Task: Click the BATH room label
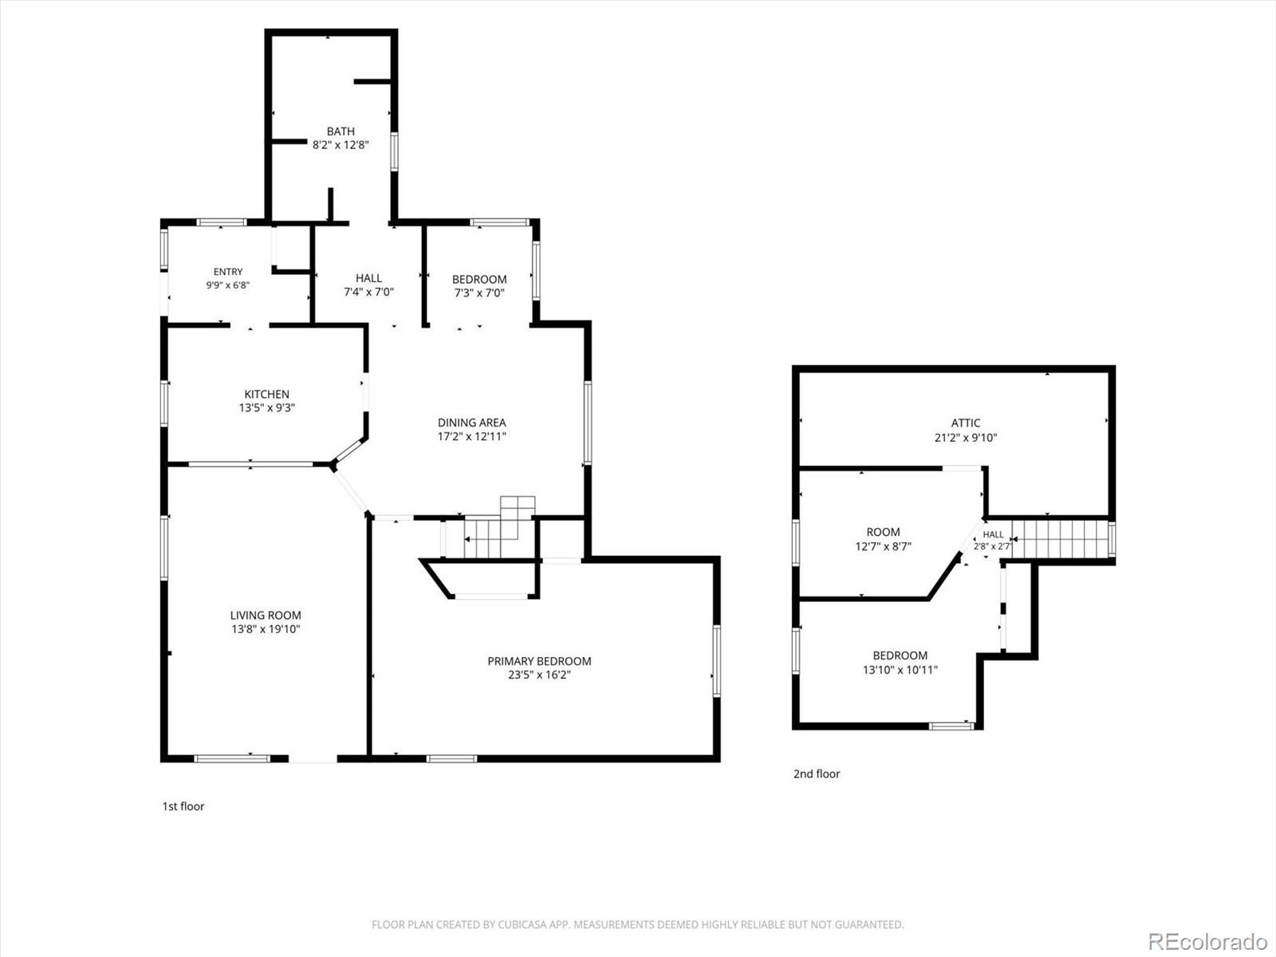341,132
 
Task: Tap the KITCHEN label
267,394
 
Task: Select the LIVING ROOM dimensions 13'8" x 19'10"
266,628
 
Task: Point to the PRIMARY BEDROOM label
539,660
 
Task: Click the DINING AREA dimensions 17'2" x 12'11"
472,436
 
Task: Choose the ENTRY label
228,271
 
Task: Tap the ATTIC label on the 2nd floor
966,423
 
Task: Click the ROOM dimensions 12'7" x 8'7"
883,546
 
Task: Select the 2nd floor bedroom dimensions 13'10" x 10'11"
900,669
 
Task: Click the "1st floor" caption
183,806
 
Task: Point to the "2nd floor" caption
817,774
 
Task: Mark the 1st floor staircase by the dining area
498,528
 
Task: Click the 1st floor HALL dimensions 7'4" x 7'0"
368,292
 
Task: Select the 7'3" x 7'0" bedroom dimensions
479,293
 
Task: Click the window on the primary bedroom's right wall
717,660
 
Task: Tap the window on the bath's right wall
394,151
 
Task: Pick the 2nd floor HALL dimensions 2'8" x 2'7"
993,546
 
